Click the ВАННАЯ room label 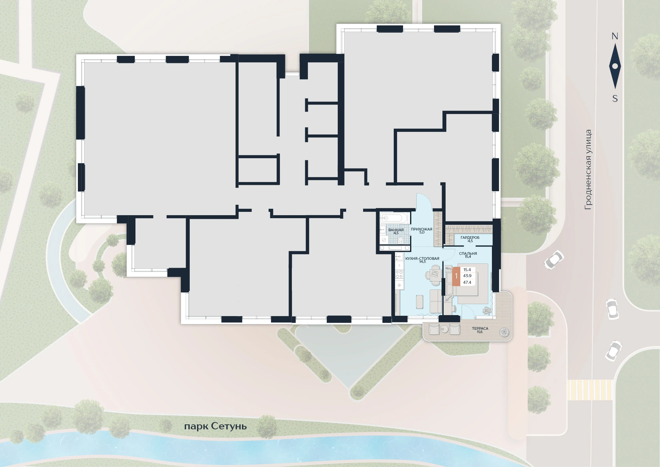click(396, 230)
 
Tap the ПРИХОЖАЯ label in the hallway click(421, 229)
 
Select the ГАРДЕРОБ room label click(470, 237)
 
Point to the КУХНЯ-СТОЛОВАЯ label click(422, 258)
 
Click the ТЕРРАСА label click(480, 328)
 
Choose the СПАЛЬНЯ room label click(468, 253)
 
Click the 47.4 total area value click(467, 282)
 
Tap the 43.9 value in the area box click(467, 276)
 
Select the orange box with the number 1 click(456, 276)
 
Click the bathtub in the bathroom click(394, 218)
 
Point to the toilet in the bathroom click(400, 240)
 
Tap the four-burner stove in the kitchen click(399, 274)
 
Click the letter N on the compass click(615, 36)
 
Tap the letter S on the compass click(615, 99)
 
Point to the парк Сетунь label click(216, 426)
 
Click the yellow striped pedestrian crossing click(590, 390)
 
